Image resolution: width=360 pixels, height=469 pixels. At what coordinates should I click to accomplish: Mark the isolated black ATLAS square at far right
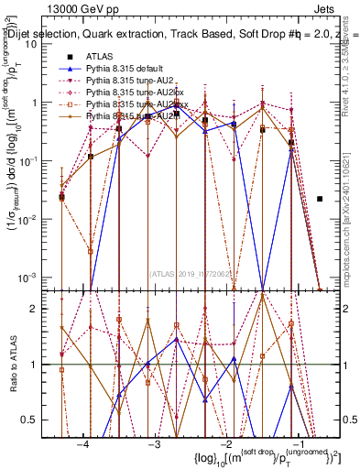[x=320, y=199]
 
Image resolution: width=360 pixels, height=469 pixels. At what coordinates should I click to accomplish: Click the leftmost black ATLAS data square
[x=61, y=196]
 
